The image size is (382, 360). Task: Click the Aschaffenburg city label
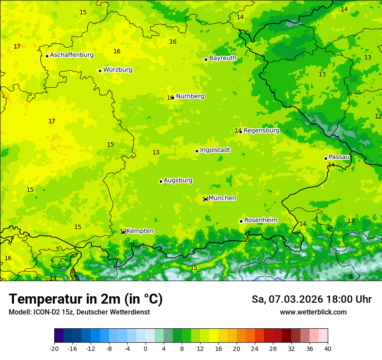(x=72, y=55)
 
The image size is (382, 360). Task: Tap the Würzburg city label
(x=118, y=70)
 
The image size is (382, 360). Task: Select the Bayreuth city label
(x=223, y=58)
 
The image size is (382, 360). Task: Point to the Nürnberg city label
(x=190, y=96)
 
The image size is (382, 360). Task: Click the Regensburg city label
(x=261, y=131)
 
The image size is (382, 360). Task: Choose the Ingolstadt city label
(x=215, y=150)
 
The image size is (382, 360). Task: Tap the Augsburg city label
(x=178, y=180)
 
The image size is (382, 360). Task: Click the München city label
(x=222, y=198)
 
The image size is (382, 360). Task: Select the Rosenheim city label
(x=260, y=220)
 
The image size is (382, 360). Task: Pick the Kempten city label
(x=140, y=231)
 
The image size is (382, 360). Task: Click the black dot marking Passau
(x=326, y=158)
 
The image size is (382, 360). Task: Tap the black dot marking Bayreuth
(x=206, y=59)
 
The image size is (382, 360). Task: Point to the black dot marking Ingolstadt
(x=197, y=151)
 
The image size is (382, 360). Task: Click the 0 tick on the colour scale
(x=145, y=348)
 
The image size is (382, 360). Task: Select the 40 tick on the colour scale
(x=327, y=348)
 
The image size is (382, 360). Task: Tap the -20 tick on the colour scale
(x=54, y=348)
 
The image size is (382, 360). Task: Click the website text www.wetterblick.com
(x=313, y=312)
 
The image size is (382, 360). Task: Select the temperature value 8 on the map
(x=351, y=277)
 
